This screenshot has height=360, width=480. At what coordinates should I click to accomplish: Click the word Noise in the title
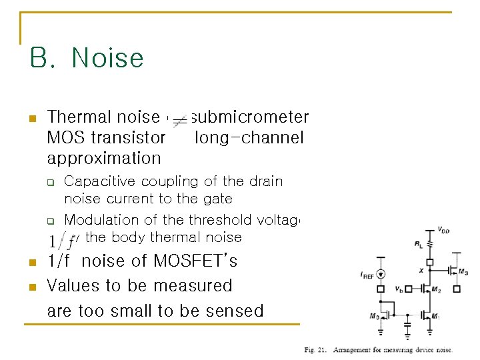(x=107, y=58)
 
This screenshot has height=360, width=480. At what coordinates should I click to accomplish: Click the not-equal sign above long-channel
(x=180, y=121)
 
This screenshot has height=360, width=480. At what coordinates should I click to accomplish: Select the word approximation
(x=104, y=159)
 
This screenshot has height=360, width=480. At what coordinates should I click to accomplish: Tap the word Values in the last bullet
(x=73, y=286)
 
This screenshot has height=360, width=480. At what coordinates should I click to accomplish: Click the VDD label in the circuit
(x=442, y=230)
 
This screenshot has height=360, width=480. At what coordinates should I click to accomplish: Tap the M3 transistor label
(x=463, y=273)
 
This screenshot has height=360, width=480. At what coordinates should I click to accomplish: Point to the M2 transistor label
(x=435, y=289)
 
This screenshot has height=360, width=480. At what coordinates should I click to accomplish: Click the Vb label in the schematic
(x=399, y=289)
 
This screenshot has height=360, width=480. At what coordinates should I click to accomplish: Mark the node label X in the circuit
(x=421, y=271)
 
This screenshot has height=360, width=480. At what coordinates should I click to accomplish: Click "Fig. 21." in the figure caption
(x=315, y=350)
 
